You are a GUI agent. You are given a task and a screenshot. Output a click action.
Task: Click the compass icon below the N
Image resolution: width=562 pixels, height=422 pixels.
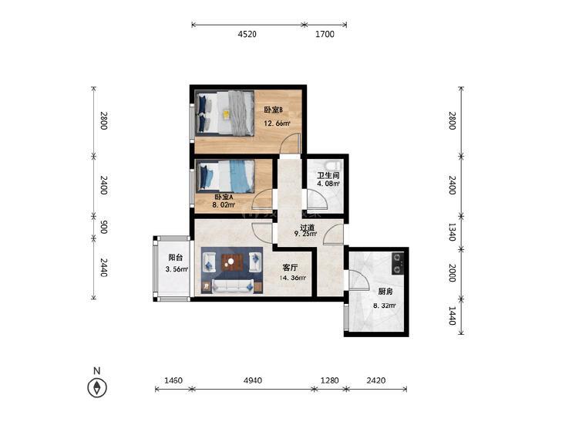click(x=97, y=387)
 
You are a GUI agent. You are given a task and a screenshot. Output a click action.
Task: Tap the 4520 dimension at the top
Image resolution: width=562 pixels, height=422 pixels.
click(x=247, y=34)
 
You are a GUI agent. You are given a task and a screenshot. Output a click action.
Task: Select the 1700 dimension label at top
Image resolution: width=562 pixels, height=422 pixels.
click(x=325, y=34)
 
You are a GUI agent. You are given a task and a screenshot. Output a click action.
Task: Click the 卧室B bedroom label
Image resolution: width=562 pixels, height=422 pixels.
click(x=274, y=110)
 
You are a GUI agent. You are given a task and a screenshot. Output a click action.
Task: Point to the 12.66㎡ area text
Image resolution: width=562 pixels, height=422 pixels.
click(x=277, y=123)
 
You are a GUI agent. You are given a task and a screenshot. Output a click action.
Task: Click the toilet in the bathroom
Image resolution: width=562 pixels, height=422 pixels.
click(x=333, y=165)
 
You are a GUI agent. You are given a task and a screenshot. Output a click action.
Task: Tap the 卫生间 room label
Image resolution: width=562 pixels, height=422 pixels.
click(x=328, y=176)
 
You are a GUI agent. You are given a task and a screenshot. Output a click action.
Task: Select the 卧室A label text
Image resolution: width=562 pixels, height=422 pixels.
click(x=224, y=197)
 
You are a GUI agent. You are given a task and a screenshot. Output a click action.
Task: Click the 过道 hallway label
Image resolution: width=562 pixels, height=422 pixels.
click(x=307, y=228)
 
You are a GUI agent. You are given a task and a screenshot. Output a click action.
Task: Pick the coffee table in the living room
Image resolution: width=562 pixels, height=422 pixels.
click(x=232, y=262)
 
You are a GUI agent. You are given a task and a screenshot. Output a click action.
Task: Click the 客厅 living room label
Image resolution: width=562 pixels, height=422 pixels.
click(x=290, y=268)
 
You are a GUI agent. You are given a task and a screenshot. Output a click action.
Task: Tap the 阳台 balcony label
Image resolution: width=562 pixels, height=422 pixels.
click(x=176, y=257)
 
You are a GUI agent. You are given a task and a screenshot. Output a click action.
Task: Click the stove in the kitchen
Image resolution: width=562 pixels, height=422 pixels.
click(x=398, y=264)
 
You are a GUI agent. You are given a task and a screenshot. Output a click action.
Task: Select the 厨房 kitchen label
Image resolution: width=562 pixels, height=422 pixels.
click(x=385, y=292)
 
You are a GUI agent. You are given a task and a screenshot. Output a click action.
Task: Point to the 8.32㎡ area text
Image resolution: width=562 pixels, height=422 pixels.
click(x=385, y=306)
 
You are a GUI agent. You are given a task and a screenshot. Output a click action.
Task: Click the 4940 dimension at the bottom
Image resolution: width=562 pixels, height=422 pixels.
click(x=253, y=380)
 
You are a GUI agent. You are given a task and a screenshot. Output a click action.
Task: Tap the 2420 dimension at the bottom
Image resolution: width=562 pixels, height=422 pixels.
click(x=376, y=380)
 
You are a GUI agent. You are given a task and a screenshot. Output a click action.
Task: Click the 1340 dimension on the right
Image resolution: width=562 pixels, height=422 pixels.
click(x=452, y=232)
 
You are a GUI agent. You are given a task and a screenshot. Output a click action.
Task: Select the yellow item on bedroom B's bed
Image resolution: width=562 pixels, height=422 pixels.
click(x=226, y=114)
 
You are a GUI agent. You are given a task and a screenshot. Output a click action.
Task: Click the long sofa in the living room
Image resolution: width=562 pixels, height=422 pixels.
click(x=233, y=285)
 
